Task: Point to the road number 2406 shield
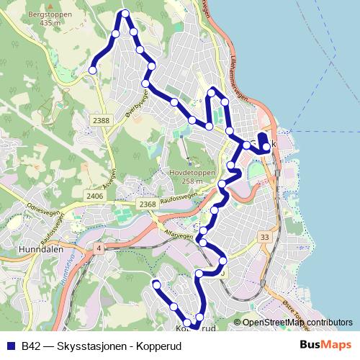94,196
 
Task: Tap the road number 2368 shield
148,204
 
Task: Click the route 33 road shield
265,237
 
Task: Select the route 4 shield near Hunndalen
97,248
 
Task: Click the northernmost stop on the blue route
126,14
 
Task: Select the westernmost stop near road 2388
92,70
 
